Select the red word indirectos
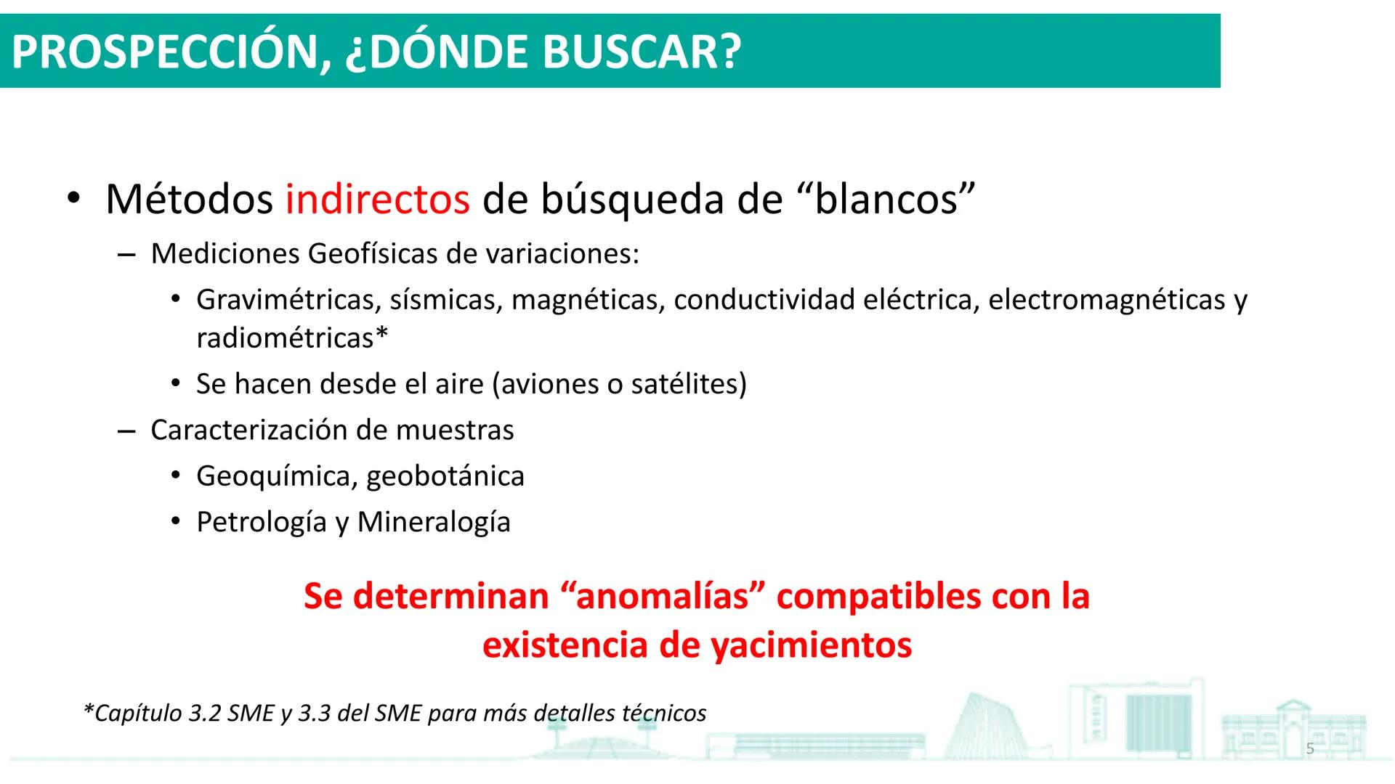point(377,200)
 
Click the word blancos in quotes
point(886,200)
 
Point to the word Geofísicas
point(373,255)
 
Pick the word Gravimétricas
point(285,300)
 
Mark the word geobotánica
point(445,476)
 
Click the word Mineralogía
point(434,522)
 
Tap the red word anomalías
point(662,597)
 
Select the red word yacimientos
point(811,645)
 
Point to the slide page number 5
point(1310,749)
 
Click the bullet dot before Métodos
point(73,200)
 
